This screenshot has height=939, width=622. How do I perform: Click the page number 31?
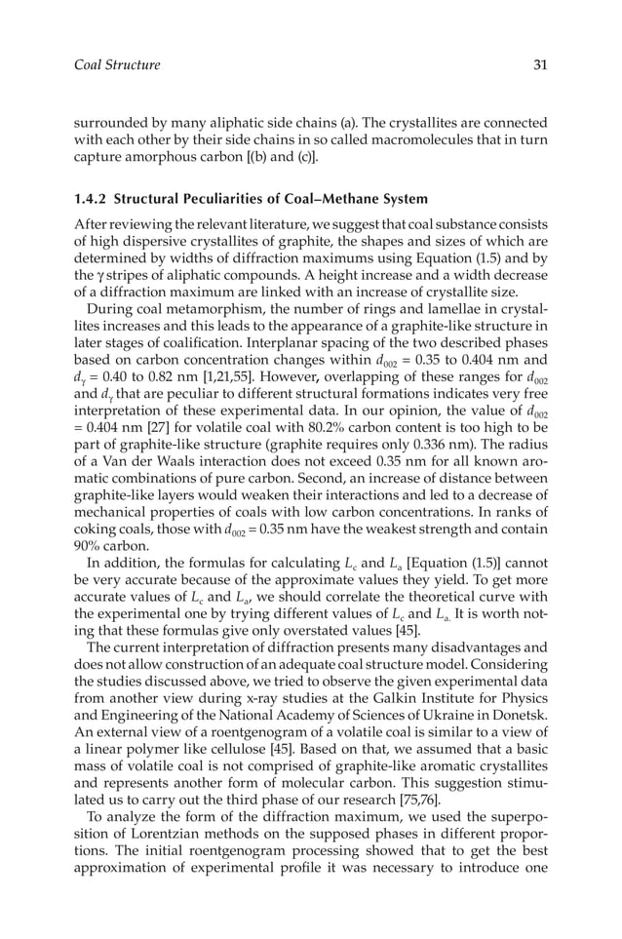click(x=539, y=65)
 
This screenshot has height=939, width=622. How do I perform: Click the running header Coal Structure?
click(x=117, y=65)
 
